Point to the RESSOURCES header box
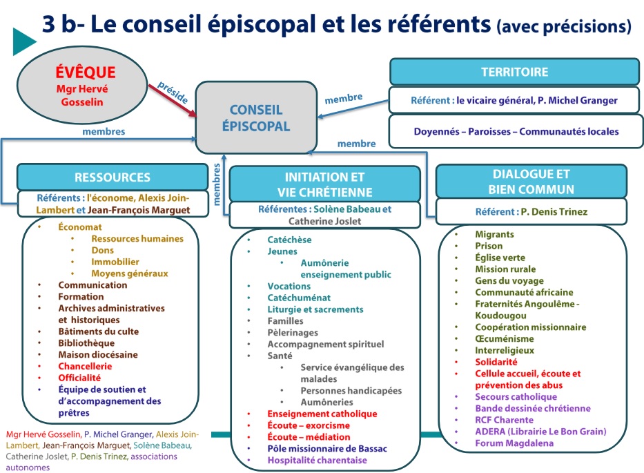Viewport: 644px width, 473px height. coord(112,177)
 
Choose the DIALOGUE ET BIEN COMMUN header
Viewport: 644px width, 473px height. coord(531,182)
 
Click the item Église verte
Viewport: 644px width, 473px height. coord(500,258)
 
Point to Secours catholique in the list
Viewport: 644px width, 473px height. coord(516,397)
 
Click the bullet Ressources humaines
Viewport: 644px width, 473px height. coord(137,239)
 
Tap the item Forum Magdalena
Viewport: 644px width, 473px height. coord(514,443)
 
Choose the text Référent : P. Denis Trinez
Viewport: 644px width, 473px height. coord(531,212)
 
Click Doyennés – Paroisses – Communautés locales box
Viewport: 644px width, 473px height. coord(516,131)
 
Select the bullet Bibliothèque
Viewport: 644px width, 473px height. coord(86,343)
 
